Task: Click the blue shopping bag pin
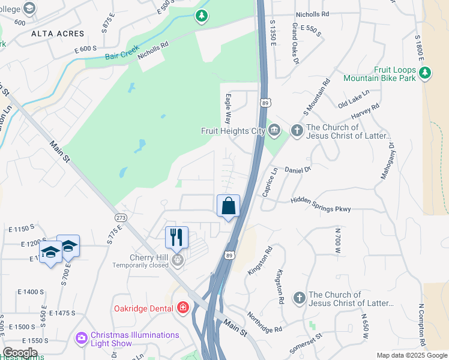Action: click(x=228, y=206)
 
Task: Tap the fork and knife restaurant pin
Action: click(x=176, y=237)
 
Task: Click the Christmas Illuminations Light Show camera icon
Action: click(x=81, y=338)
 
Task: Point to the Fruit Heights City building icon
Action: click(x=274, y=130)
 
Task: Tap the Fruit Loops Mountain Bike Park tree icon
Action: click(x=425, y=73)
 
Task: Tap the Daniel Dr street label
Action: click(x=298, y=170)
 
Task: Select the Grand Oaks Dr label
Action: click(x=295, y=43)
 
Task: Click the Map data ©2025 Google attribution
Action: click(x=412, y=355)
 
